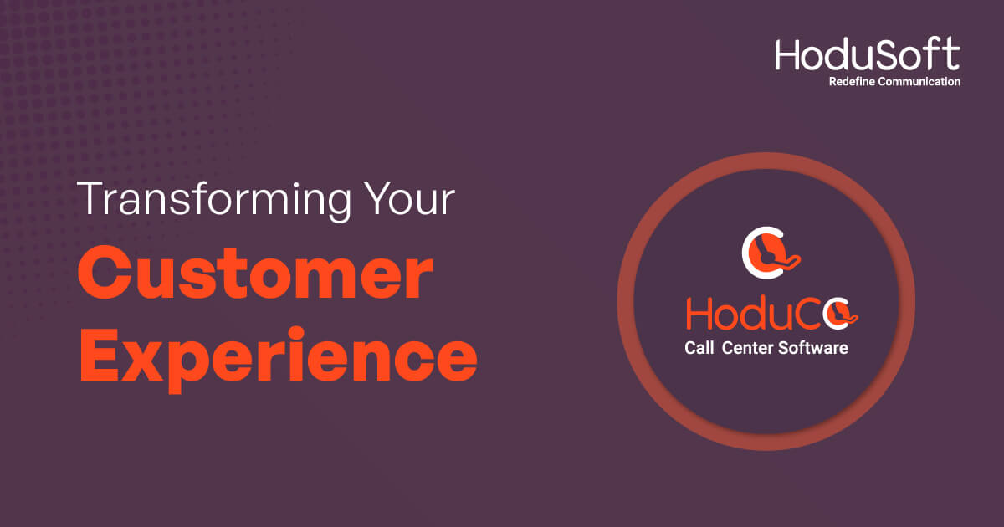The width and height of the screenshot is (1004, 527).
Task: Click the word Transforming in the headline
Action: point(214,201)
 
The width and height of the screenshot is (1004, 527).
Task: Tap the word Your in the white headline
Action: point(409,199)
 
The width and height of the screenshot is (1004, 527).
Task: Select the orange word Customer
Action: point(255,273)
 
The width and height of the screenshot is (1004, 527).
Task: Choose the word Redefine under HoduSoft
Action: point(852,82)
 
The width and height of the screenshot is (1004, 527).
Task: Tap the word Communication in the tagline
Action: point(919,82)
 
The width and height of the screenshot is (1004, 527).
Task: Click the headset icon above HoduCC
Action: point(771,253)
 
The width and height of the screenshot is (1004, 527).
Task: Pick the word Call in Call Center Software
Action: point(699,348)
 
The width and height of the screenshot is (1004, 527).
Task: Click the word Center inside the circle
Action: point(748,348)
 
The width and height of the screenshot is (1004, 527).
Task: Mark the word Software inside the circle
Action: point(813,348)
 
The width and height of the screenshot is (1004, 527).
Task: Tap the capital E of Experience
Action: point(99,354)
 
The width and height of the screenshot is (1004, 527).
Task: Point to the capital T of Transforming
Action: point(92,198)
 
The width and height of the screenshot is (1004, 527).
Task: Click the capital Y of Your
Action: point(376,198)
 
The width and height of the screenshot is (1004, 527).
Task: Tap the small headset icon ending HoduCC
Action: point(841,314)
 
